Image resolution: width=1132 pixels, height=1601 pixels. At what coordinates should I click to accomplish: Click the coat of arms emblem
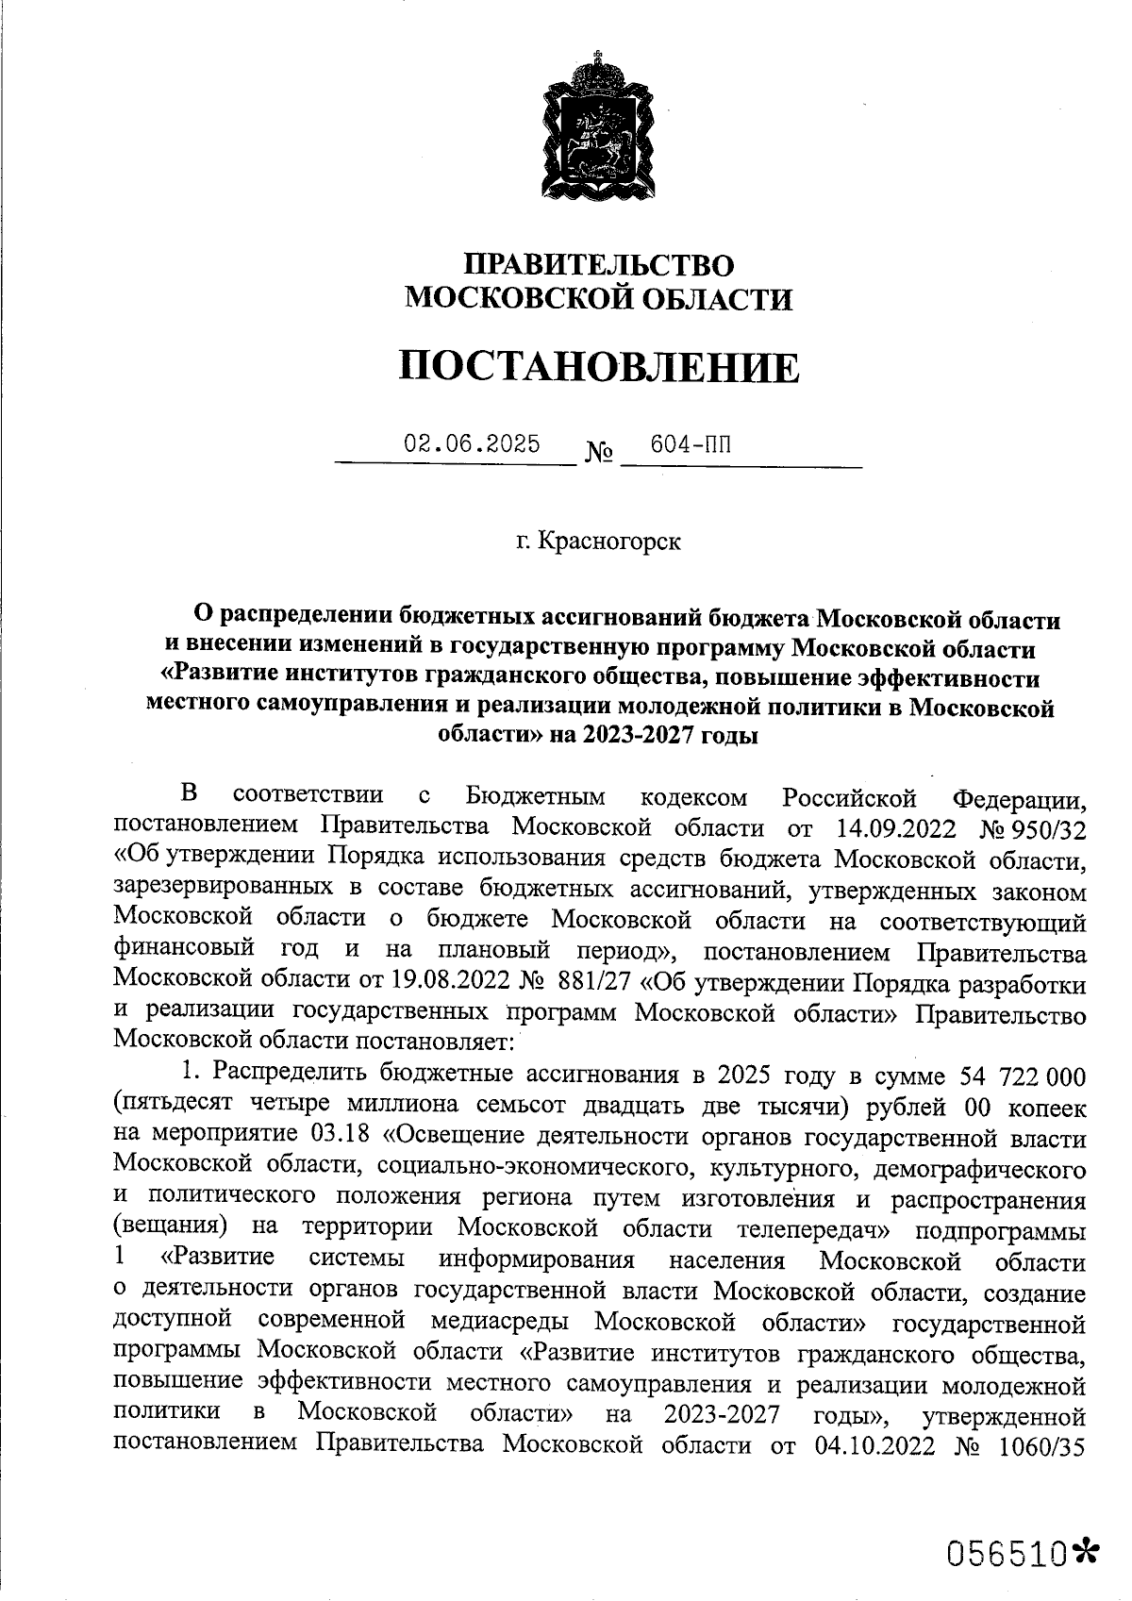click(598, 124)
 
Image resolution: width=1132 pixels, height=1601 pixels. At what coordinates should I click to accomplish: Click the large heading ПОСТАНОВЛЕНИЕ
click(598, 366)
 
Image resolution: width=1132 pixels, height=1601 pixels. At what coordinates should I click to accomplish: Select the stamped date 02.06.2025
click(472, 443)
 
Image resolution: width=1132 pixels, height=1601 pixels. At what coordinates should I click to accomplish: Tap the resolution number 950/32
click(1046, 828)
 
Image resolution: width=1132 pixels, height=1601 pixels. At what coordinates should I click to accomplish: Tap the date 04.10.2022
click(869, 1445)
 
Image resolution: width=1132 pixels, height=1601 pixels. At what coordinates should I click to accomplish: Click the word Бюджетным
click(535, 798)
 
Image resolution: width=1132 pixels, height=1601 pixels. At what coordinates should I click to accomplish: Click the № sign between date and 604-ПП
click(599, 455)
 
